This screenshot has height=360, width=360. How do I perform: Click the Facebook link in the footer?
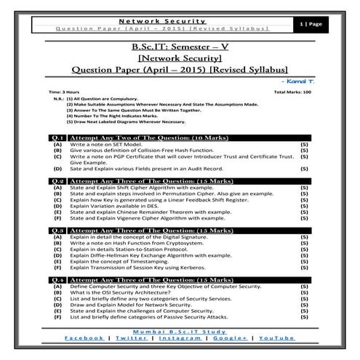pyautogui.click(x=84, y=338)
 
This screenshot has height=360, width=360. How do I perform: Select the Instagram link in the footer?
pyautogui.click(x=181, y=338)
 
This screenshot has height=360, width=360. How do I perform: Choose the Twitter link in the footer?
pyautogui.click(x=132, y=338)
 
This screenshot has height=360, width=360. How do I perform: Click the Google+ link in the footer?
pyautogui.click(x=229, y=338)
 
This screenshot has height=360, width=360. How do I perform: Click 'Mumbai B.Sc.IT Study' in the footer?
pyautogui.click(x=180, y=331)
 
